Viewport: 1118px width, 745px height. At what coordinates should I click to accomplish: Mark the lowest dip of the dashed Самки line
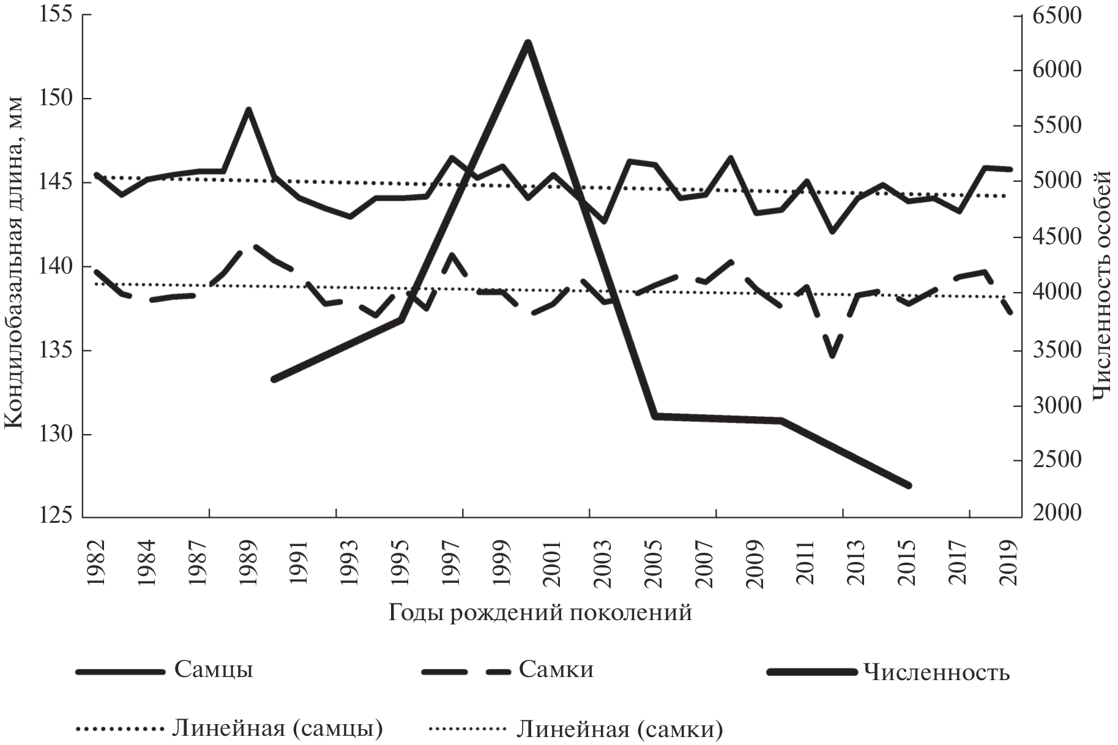click(x=832, y=356)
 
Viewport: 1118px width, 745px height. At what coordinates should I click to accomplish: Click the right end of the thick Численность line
click(x=909, y=485)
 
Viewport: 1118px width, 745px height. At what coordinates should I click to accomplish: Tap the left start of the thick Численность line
click(x=274, y=380)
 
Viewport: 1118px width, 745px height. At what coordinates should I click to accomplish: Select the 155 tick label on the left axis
click(x=54, y=15)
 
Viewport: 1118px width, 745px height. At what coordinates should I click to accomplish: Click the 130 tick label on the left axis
click(x=54, y=435)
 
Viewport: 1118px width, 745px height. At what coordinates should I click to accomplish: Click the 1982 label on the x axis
click(x=96, y=563)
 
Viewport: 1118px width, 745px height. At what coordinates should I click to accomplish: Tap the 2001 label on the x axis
click(x=552, y=563)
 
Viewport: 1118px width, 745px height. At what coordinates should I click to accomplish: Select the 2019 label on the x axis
click(x=1008, y=563)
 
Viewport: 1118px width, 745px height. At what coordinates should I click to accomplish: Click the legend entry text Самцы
click(x=214, y=669)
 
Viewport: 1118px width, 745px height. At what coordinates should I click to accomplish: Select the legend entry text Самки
click(x=556, y=669)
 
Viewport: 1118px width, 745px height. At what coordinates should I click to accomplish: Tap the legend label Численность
click(x=936, y=672)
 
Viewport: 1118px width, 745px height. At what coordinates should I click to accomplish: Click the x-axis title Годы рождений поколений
click(x=540, y=612)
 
